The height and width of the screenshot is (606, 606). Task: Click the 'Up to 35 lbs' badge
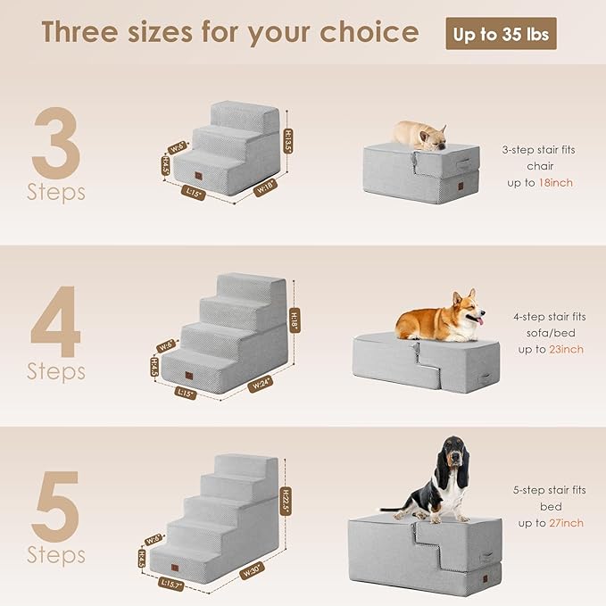[x=501, y=34]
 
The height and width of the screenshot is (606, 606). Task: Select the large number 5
[x=56, y=507]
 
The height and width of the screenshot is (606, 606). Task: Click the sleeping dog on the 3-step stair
[x=420, y=134]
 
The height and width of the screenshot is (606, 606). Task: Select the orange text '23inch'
[x=566, y=349]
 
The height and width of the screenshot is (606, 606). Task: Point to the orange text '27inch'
[x=566, y=523]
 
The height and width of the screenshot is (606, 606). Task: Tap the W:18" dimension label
[x=265, y=187]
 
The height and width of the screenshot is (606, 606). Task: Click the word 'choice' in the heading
[x=367, y=33]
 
